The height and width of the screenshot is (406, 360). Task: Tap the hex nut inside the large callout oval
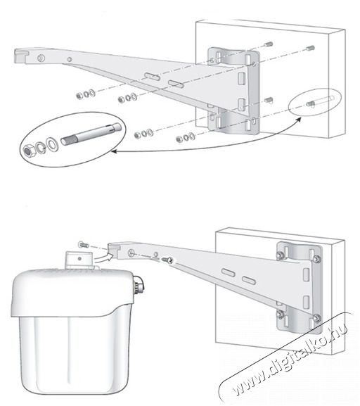30,151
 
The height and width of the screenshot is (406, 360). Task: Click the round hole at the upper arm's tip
42,56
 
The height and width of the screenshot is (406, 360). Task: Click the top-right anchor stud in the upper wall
309,49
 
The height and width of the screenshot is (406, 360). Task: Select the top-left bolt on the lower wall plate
280,255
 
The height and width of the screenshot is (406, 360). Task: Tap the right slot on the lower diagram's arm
247,280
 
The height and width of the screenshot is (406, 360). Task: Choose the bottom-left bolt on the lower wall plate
279,313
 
